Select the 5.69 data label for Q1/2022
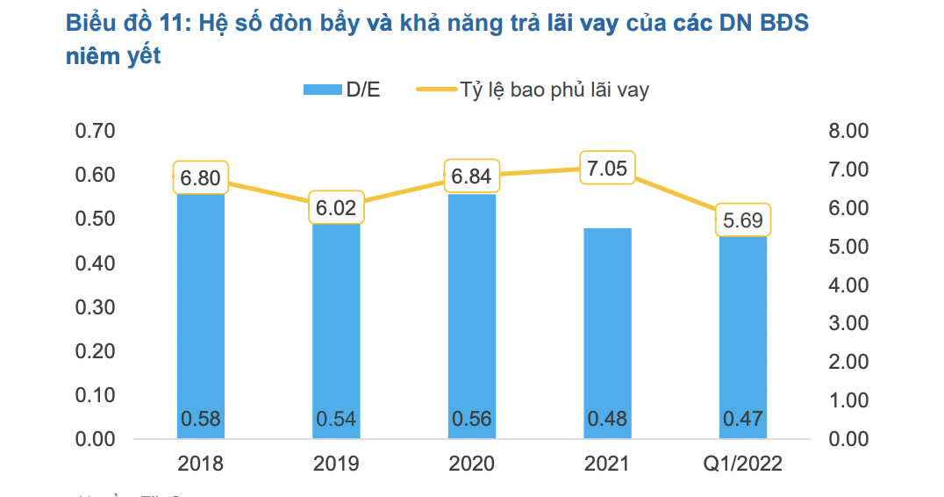pos(743,220)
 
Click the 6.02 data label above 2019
pos(336,209)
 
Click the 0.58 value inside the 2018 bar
pos(201,419)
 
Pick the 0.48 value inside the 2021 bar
pos(608,419)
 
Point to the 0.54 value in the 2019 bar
pos(336,419)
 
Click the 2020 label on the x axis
pos(472,464)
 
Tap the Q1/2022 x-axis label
pos(743,464)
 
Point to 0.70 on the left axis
pos(96,132)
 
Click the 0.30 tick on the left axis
pos(96,307)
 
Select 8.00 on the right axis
pos(847,132)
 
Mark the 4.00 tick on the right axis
pos(847,285)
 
